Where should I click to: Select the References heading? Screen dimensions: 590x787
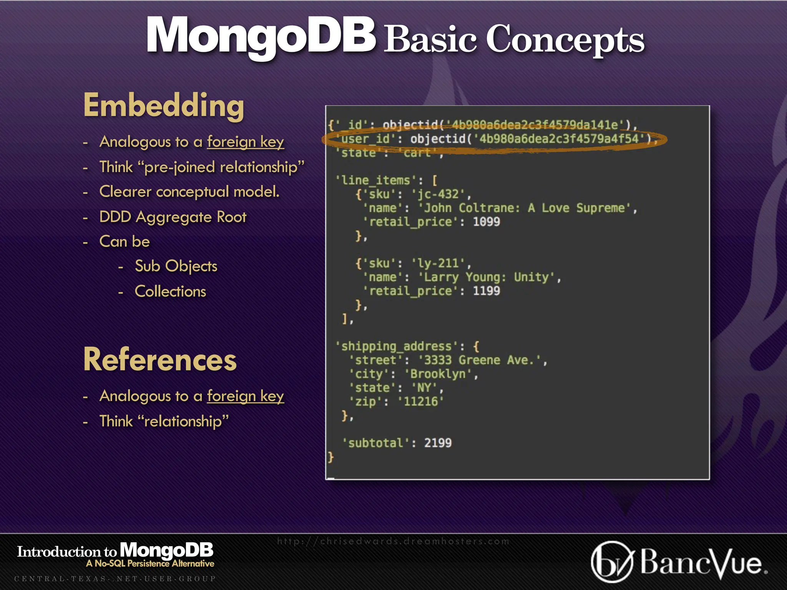tap(160, 360)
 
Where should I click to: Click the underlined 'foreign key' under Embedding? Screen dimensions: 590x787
tap(246, 142)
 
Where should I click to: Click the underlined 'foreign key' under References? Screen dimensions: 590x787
tap(246, 396)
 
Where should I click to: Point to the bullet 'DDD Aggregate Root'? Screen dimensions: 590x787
tap(173, 217)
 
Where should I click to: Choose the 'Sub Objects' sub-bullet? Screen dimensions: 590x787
tap(176, 266)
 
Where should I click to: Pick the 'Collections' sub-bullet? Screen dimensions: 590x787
tap(170, 292)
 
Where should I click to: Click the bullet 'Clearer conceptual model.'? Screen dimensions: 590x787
tap(189, 192)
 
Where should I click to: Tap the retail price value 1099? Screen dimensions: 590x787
tap(486, 222)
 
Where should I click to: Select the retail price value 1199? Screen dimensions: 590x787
tap(486, 291)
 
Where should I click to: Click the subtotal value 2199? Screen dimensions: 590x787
tap(438, 443)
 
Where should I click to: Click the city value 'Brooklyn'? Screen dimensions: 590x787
tap(438, 374)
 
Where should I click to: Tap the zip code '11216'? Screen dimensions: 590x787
tap(421, 401)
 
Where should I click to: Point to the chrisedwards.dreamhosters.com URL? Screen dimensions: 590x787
tap(393, 541)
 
